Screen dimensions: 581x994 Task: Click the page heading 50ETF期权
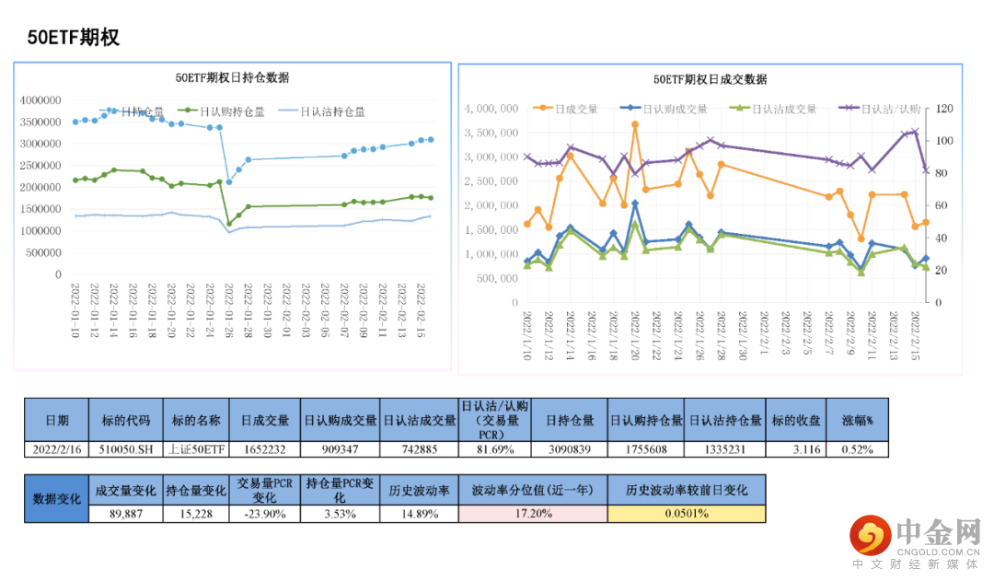[x=74, y=38]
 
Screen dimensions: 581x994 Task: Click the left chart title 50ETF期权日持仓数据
[x=232, y=78]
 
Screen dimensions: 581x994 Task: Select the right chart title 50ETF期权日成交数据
[x=710, y=79]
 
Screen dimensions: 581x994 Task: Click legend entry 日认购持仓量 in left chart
[x=225, y=111]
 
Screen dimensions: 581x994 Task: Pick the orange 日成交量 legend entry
[x=571, y=109]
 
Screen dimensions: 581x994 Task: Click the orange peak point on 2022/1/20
[x=635, y=124]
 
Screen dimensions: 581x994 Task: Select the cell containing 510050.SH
[x=125, y=449]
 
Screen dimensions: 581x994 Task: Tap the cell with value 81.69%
[x=495, y=449]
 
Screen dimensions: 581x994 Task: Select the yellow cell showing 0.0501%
[x=686, y=514]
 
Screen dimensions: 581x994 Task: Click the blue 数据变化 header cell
[x=56, y=498]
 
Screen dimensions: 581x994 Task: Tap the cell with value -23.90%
[x=263, y=514]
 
